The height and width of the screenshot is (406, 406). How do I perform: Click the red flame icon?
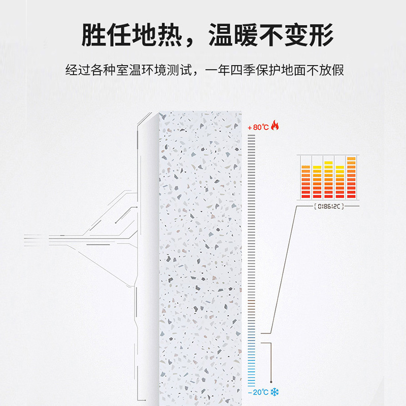click(x=275, y=125)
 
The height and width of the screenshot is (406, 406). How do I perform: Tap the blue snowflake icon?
click(x=275, y=392)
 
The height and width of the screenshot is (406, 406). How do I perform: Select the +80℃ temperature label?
click(x=258, y=126)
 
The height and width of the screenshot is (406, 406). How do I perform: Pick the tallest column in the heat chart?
click(x=351, y=178)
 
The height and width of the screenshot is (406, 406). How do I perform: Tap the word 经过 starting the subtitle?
click(x=78, y=70)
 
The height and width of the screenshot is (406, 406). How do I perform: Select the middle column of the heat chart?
click(x=328, y=179)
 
